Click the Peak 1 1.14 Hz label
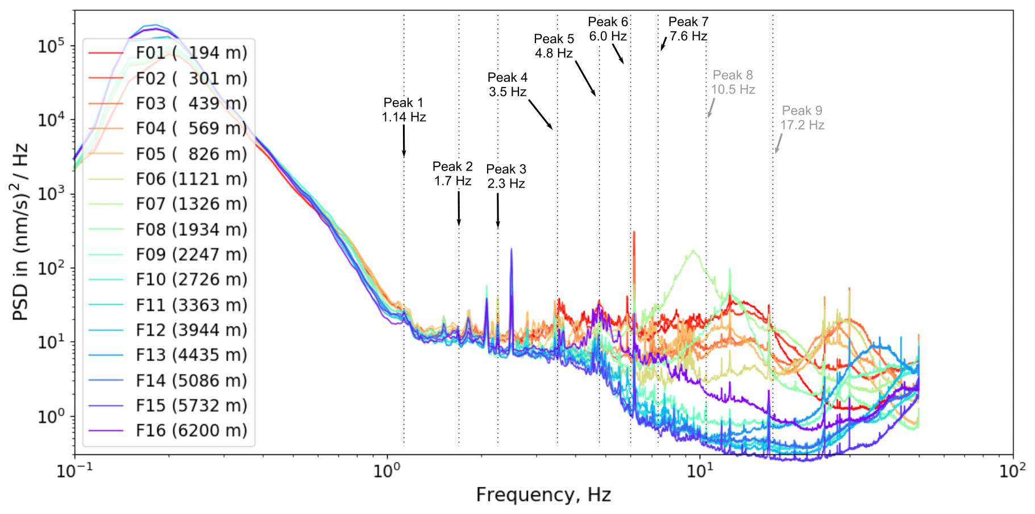point(404,110)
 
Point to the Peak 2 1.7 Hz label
point(452,173)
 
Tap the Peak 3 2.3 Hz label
point(506,176)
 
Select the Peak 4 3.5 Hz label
point(508,85)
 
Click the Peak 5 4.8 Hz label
point(554,46)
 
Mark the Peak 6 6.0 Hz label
point(608,29)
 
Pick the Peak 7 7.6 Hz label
point(688,29)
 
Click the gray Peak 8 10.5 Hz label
point(733,82)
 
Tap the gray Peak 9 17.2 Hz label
point(802,118)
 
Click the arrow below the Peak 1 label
point(404,140)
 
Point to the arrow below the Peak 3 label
point(498,210)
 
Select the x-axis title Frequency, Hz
point(543,495)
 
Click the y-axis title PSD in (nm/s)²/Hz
point(20,232)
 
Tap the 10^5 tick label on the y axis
point(51,46)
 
